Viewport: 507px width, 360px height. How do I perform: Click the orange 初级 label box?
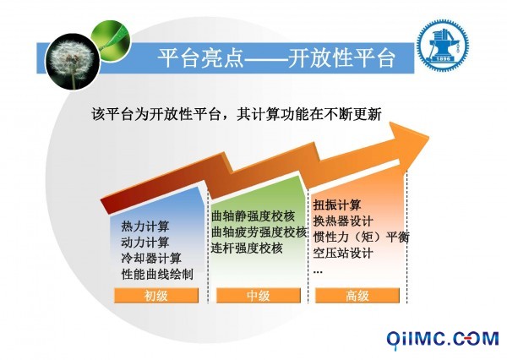click(156, 296)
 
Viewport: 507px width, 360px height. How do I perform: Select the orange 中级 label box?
click(259, 296)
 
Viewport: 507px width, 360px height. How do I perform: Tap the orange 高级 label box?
click(357, 296)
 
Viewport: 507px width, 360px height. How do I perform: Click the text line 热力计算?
click(145, 226)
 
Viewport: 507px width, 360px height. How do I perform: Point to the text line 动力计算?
click(145, 243)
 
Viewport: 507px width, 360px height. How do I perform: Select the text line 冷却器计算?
click(151, 258)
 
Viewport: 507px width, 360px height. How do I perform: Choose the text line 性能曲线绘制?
click(157, 274)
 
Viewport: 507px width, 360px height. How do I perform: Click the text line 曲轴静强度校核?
click(253, 216)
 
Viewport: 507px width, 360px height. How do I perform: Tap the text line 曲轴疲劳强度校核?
click(259, 232)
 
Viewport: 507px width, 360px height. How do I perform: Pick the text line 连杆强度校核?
click(247, 248)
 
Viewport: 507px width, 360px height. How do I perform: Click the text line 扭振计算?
click(337, 205)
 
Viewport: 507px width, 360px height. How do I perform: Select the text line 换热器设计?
click(343, 221)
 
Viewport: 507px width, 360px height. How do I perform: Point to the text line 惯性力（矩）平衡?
click(361, 237)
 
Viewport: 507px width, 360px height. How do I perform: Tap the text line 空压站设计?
click(343, 253)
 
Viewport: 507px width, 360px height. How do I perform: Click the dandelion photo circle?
click(73, 62)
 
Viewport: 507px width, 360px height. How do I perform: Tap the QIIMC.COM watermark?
click(443, 340)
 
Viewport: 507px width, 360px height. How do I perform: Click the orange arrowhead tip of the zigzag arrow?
click(428, 138)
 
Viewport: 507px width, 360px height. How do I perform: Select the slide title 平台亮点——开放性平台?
click(276, 58)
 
